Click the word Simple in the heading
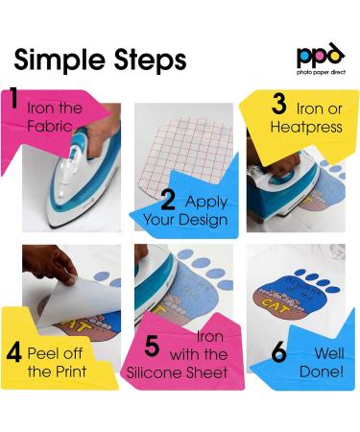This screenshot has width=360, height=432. [x=60, y=60]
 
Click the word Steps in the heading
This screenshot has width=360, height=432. [x=150, y=60]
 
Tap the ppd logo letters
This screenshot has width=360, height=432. [x=321, y=55]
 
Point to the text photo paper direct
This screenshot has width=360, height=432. [x=321, y=72]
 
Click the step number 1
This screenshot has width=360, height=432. [x=13, y=98]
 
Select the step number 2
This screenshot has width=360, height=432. [x=168, y=200]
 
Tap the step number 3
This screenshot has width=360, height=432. [x=279, y=105]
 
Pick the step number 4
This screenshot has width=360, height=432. [x=14, y=352]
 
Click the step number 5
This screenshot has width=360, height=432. [x=152, y=347]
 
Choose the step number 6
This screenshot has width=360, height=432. [x=278, y=352]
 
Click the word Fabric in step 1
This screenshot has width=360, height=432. [x=50, y=126]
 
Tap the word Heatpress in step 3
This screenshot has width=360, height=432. [x=306, y=128]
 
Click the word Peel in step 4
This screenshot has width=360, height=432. [x=40, y=353]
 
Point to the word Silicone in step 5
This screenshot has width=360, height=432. [x=155, y=372]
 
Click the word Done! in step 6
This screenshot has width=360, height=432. [x=322, y=372]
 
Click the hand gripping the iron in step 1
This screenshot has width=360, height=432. [x=103, y=132]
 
